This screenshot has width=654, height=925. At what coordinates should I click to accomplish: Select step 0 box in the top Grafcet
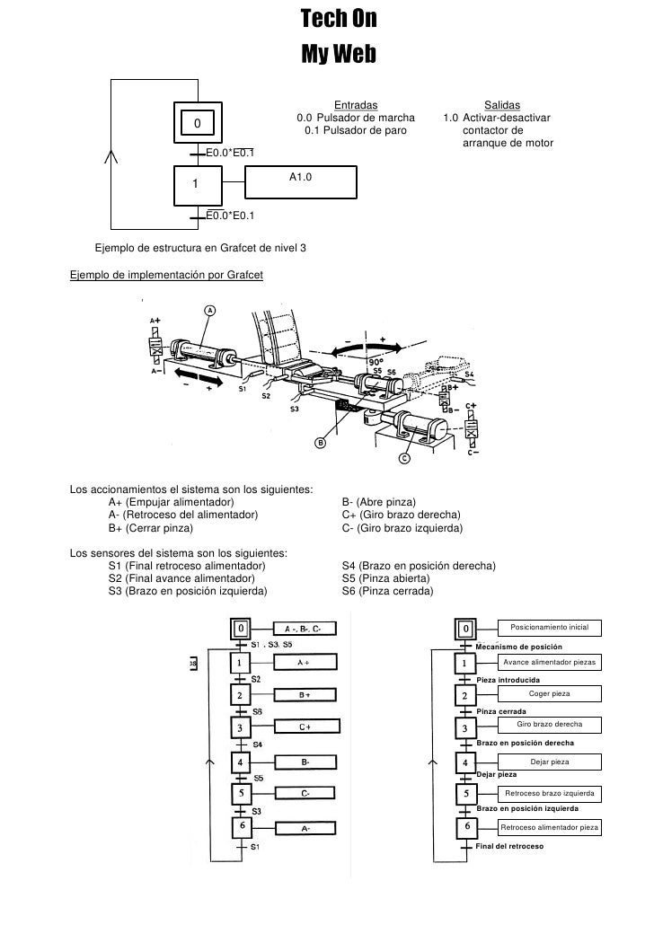[199, 123]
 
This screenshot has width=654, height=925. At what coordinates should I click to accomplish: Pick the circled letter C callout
[403, 458]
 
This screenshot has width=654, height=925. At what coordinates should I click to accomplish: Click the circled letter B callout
[321, 443]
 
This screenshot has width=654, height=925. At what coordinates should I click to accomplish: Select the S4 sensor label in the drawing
[469, 374]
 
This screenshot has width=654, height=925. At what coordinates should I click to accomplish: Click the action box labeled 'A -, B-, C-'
[304, 628]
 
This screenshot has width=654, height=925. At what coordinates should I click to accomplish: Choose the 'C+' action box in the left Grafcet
[305, 727]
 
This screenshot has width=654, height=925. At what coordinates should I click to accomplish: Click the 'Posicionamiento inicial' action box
[549, 627]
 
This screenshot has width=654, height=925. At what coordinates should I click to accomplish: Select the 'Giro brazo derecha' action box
[550, 724]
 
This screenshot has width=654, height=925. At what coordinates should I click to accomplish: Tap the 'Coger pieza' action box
[550, 694]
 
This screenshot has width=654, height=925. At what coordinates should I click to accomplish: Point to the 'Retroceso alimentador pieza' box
[550, 827]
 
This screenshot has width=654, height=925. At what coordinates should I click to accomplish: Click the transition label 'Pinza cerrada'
[500, 711]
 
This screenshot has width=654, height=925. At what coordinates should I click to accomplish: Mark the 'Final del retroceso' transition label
[508, 847]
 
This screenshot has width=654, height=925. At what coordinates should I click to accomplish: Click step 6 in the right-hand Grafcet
[465, 827]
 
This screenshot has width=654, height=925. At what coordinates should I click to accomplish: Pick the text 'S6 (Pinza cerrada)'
[387, 591]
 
